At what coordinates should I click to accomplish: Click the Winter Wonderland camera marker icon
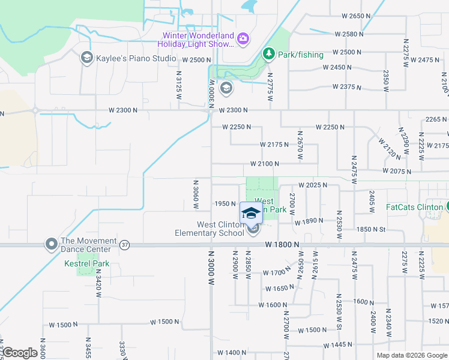pyautogui.click(x=243, y=39)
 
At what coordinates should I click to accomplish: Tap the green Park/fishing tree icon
pyautogui.click(x=269, y=55)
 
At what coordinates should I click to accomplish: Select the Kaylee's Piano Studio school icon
pyautogui.click(x=86, y=58)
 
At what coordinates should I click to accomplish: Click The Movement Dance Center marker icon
pyautogui.click(x=51, y=244)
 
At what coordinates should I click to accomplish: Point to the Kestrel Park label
pyautogui.click(x=87, y=263)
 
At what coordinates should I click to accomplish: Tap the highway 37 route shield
pyautogui.click(x=124, y=245)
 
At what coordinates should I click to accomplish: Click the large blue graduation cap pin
pyautogui.click(x=250, y=212)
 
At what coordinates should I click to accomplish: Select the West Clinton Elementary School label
pyautogui.click(x=209, y=229)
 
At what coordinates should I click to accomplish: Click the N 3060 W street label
pyautogui.click(x=196, y=194)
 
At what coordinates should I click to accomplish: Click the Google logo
pyautogui.click(x=20, y=353)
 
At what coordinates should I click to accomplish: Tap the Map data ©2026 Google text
pyautogui.click(x=412, y=355)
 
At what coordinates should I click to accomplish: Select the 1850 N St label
pyautogui.click(x=371, y=229)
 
